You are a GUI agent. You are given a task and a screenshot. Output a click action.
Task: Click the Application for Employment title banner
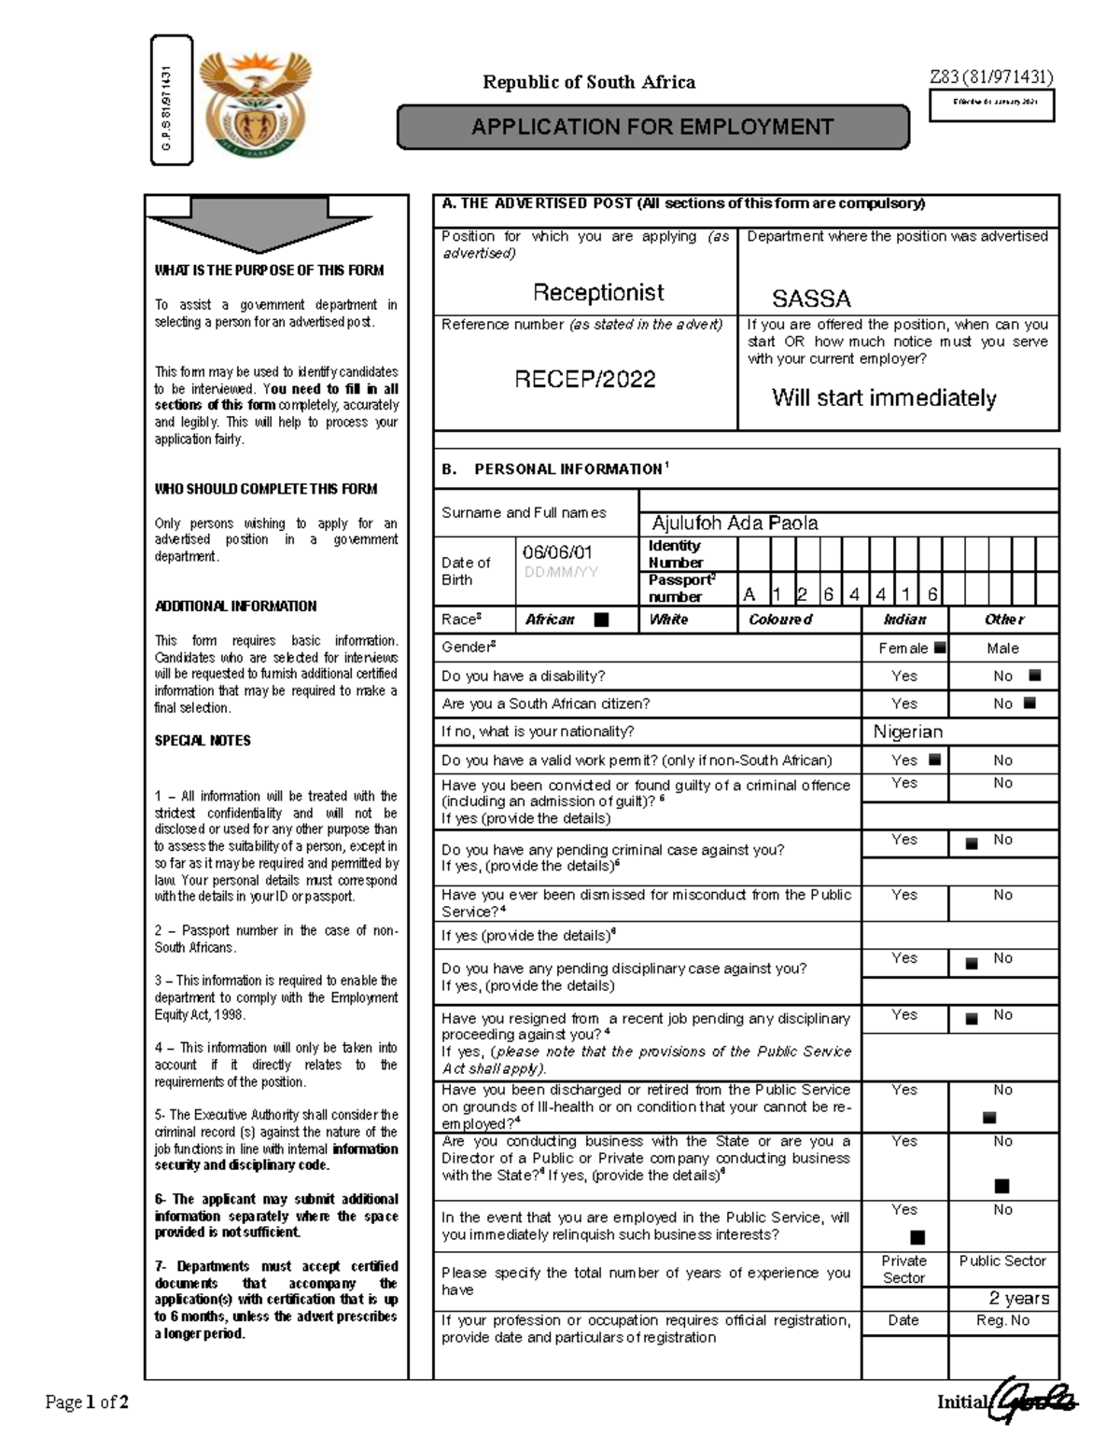tap(652, 127)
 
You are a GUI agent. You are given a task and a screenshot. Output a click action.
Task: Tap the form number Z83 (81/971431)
tap(990, 77)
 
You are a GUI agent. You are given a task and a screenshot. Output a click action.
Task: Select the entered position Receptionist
tap(598, 292)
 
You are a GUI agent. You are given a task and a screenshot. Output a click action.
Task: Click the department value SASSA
tap(811, 299)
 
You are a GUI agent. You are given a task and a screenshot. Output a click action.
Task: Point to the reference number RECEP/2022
tap(585, 379)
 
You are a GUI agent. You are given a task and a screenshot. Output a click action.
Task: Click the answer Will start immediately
tap(884, 398)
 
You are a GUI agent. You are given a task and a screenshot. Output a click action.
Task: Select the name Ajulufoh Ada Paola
tap(735, 523)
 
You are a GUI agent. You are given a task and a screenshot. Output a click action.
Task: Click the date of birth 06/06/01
tap(557, 552)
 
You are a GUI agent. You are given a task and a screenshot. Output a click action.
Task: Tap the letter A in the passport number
tap(749, 595)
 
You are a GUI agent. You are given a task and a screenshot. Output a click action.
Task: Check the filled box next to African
tap(601, 620)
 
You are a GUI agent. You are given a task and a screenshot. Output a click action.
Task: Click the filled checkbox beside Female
tap(939, 648)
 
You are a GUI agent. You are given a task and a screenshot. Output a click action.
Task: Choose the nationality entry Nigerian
tap(908, 731)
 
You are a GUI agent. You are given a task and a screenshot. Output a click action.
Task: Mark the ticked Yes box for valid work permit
tap(934, 759)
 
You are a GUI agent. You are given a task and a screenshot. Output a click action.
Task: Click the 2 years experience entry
tap(1019, 1298)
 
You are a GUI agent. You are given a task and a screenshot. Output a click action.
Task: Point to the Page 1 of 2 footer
tap(87, 1401)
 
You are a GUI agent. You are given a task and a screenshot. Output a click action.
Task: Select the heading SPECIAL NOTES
tap(203, 741)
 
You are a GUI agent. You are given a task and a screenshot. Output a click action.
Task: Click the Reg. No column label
tap(1002, 1320)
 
